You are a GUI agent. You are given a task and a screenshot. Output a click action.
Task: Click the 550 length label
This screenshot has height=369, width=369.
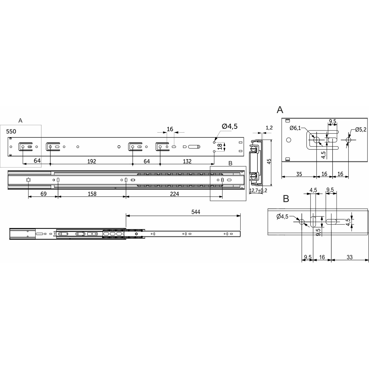click(11, 132)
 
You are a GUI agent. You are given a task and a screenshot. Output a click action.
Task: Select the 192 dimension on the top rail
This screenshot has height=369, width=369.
click(91, 161)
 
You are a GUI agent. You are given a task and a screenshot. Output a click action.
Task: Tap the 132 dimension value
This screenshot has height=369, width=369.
click(187, 161)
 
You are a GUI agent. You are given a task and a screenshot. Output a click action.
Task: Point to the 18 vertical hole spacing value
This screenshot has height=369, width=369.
click(220, 147)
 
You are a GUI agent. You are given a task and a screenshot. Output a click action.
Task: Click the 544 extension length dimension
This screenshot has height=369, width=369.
click(196, 212)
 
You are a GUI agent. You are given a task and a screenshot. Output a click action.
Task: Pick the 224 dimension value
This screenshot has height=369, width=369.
click(174, 194)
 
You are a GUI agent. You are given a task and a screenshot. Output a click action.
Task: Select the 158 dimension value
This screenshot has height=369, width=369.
click(92, 194)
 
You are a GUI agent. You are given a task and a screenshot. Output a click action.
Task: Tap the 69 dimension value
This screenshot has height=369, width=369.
click(43, 194)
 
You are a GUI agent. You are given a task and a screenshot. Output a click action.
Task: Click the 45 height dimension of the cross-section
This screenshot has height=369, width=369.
click(269, 161)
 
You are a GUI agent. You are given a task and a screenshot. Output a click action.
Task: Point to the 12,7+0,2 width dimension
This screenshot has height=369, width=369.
click(258, 190)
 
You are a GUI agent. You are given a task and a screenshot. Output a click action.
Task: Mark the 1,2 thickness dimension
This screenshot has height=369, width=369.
click(269, 128)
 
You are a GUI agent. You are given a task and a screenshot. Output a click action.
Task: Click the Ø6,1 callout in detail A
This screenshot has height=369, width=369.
click(295, 128)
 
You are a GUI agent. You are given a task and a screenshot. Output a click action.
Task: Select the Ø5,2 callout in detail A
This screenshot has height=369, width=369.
click(360, 129)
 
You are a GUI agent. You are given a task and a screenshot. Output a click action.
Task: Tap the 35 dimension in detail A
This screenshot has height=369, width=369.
click(299, 174)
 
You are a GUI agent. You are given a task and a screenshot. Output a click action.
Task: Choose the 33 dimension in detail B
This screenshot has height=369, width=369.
click(349, 257)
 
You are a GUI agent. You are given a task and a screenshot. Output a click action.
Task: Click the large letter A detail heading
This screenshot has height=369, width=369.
click(280, 110)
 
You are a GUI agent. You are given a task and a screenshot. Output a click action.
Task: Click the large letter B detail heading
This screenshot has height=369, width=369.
click(286, 199)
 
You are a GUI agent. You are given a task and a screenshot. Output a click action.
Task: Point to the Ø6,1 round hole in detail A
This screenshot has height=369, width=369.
click(316, 140)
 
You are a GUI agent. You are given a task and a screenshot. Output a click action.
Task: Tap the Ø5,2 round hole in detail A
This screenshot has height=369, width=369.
click(348, 140)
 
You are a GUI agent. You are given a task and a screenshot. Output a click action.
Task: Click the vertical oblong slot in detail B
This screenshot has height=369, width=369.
click(313, 222)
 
